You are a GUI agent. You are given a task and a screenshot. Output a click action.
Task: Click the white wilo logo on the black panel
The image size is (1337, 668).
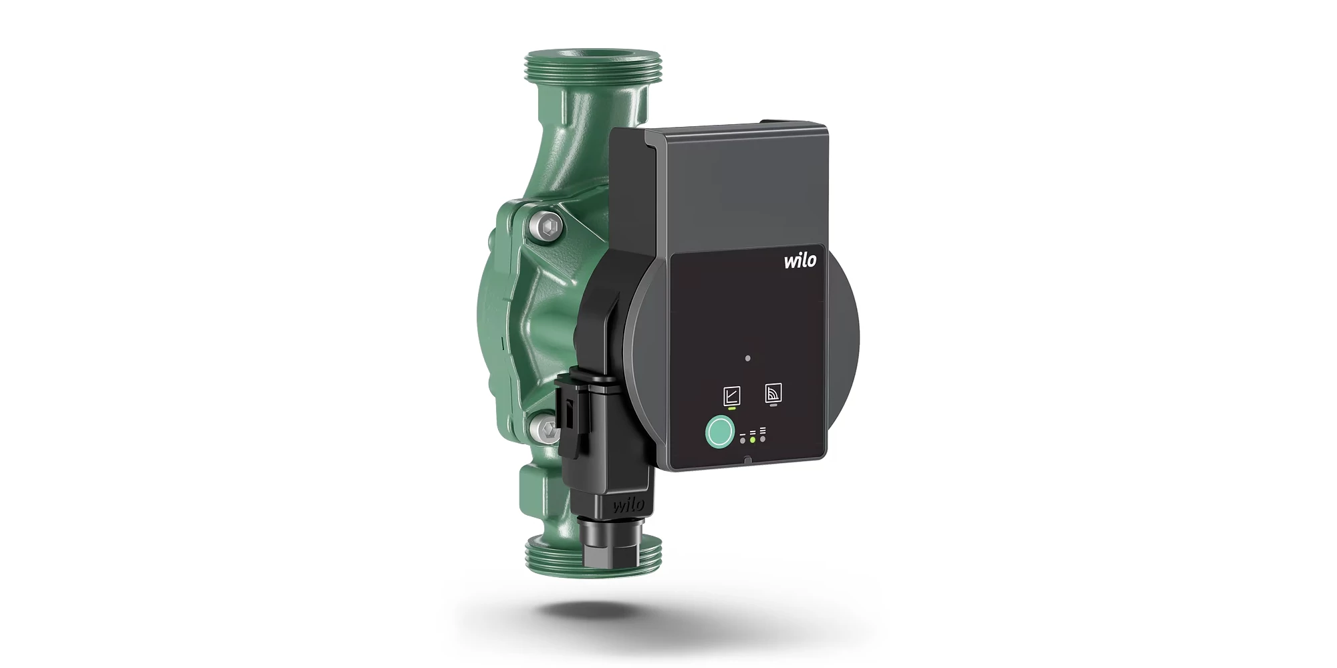point(800,259)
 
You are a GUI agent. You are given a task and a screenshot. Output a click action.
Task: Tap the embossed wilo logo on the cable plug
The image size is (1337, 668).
point(628,504)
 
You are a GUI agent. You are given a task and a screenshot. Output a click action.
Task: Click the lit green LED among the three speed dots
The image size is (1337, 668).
point(753,439)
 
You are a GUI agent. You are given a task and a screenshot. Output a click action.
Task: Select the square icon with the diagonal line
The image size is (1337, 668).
point(732,395)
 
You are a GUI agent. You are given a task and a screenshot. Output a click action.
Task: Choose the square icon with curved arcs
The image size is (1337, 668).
point(773,393)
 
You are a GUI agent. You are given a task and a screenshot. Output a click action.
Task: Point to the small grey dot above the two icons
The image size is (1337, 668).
point(747,358)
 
